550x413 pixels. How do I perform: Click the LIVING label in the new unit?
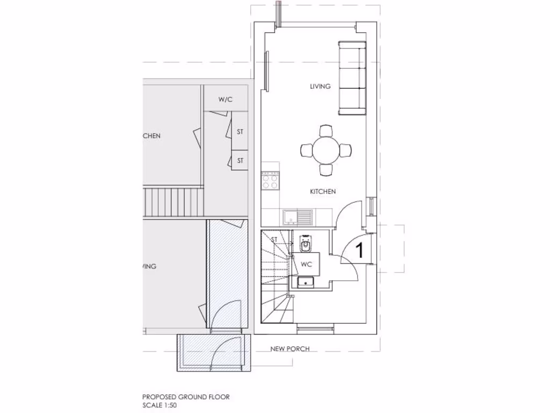(x=320, y=86)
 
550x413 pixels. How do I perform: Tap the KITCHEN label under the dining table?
(x=323, y=191)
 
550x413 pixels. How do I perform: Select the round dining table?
(x=326, y=151)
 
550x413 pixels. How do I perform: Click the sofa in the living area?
(x=352, y=78)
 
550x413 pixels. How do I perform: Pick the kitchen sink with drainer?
(x=298, y=217)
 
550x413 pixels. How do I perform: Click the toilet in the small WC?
(x=305, y=244)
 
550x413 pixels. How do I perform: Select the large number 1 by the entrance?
(x=360, y=250)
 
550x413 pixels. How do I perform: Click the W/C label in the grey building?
(x=225, y=100)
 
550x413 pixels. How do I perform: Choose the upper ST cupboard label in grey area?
(x=240, y=131)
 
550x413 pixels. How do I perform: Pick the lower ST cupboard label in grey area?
(x=240, y=160)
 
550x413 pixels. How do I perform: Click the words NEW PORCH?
(x=290, y=348)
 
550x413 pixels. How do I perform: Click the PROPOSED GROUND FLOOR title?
(x=186, y=397)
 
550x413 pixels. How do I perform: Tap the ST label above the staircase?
(x=274, y=239)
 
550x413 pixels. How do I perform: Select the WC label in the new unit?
(x=306, y=264)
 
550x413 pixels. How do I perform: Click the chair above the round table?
(x=326, y=131)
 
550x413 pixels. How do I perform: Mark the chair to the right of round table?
(x=346, y=151)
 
